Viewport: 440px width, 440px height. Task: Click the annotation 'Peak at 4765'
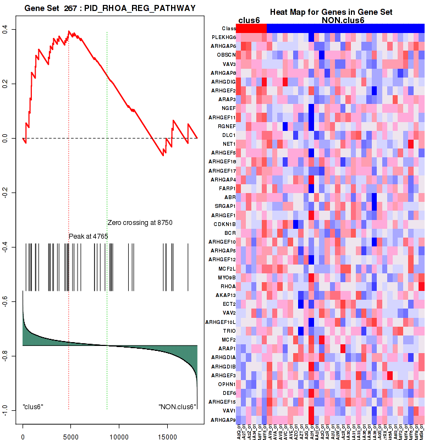(x=88, y=237)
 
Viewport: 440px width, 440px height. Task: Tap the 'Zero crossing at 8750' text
(x=140, y=223)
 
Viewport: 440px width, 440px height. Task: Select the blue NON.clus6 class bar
(x=345, y=28)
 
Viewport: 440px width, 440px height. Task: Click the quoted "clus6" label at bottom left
(x=33, y=406)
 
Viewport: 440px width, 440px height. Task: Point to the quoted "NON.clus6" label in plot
(x=177, y=407)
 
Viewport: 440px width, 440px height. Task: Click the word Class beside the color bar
(x=229, y=28)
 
